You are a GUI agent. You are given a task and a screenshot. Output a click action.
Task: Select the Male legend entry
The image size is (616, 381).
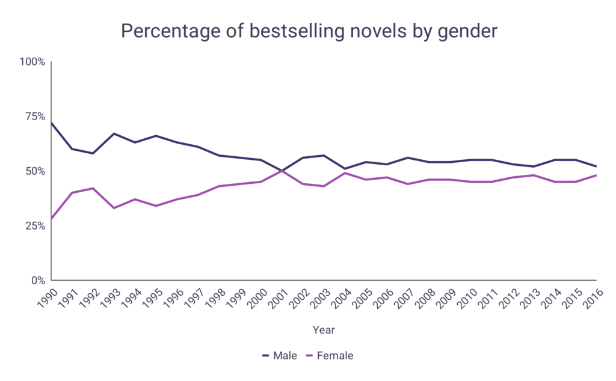tap(280, 356)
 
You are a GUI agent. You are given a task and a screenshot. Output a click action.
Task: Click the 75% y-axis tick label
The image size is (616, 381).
tap(34, 117)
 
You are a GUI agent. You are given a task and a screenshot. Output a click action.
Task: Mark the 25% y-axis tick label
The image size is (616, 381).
tap(34, 226)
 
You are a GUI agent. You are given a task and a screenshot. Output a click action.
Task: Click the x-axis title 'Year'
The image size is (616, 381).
tap(324, 330)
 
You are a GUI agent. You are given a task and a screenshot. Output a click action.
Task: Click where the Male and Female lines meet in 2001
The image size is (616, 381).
tap(282, 171)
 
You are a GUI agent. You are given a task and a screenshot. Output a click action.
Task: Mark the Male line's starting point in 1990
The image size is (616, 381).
tap(52, 123)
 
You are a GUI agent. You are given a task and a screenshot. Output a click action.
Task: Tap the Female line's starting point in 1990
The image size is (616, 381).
tap(52, 219)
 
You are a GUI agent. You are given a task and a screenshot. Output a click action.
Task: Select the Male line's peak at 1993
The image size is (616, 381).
tap(114, 133)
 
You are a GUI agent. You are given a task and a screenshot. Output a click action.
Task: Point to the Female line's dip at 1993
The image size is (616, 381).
tap(114, 208)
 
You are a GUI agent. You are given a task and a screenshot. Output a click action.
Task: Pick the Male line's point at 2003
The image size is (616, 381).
tap(324, 156)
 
